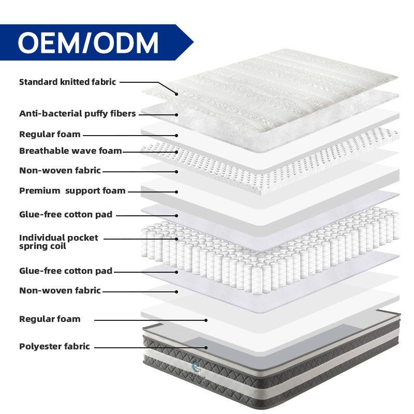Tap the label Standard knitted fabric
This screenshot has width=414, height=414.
(x=67, y=82)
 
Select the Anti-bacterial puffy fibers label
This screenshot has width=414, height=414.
(x=77, y=113)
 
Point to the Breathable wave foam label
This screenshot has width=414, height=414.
(x=70, y=151)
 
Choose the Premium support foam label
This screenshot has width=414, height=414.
(x=72, y=191)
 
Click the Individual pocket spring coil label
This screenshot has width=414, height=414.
(x=58, y=242)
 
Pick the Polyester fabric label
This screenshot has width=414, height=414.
(x=54, y=347)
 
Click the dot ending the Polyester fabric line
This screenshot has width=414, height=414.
(x=206, y=348)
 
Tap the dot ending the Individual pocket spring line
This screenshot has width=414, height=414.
(x=176, y=239)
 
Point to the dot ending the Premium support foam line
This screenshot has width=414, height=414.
(x=176, y=191)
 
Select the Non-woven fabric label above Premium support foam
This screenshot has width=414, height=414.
(x=60, y=171)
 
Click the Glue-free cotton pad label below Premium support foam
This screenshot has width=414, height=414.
(x=65, y=215)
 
